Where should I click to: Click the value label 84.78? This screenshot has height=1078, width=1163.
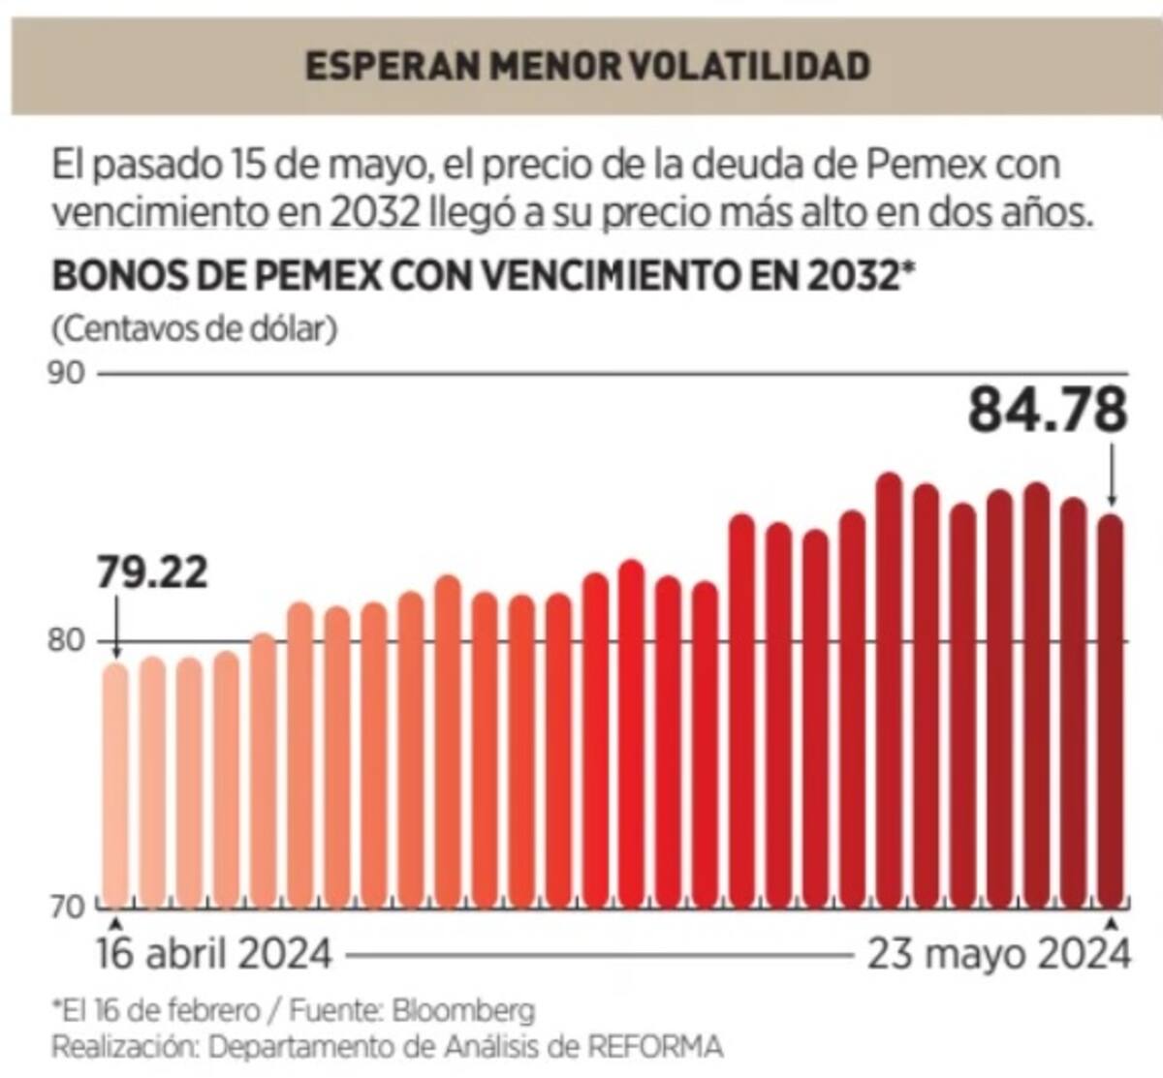(1048, 411)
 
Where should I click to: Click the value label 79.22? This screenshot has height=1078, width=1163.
(152, 573)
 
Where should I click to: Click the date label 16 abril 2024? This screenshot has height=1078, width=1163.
(214, 955)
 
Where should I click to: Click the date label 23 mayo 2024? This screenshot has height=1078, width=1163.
(998, 955)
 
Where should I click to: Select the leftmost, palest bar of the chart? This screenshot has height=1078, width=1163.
(115, 785)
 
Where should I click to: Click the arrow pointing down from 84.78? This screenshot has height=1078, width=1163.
(1113, 475)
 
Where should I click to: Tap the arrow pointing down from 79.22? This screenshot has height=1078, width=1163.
(115, 627)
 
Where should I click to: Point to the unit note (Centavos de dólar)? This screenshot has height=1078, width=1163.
(195, 328)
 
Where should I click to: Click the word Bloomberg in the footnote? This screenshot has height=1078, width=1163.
(463, 1011)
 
